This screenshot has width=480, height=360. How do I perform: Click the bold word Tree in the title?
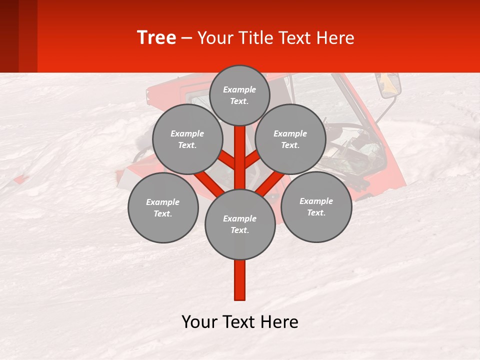156,38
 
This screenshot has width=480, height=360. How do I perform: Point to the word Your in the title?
213,38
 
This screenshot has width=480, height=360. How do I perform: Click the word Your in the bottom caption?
199,322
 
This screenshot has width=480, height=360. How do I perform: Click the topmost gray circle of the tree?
239,95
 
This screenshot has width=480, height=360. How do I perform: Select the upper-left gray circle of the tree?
187,139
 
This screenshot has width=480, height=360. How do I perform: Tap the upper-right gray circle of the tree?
290,139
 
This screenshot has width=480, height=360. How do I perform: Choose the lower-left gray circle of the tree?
162,207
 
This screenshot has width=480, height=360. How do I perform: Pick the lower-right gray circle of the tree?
316,206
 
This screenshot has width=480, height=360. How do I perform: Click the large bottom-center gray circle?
239,224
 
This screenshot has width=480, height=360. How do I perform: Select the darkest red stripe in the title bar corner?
9,36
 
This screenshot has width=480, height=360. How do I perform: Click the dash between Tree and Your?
187,38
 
